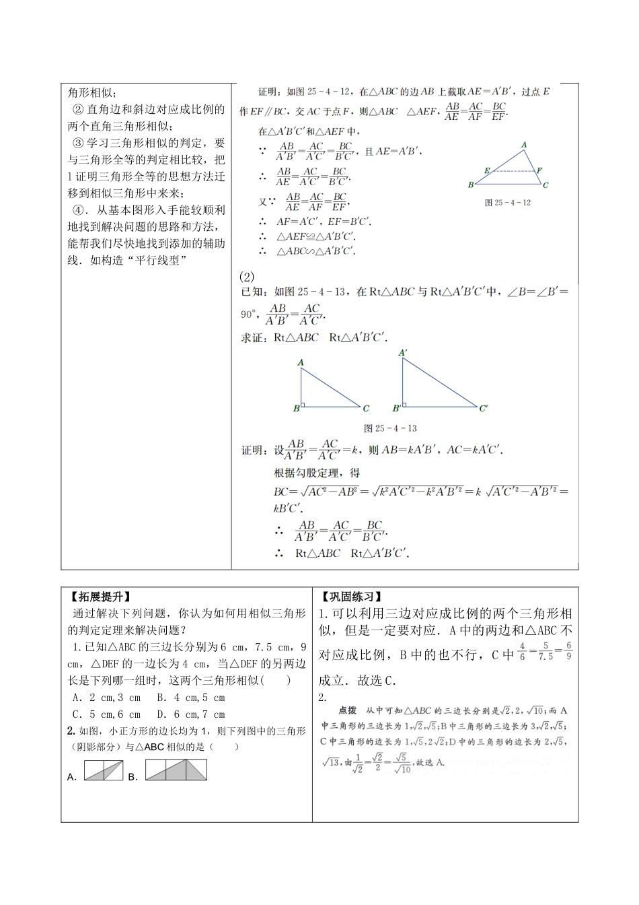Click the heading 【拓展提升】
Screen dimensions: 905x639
click(100, 597)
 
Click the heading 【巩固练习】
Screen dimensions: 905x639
click(350, 597)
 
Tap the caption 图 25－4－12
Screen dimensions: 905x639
click(508, 202)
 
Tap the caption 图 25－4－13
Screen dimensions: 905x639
click(390, 428)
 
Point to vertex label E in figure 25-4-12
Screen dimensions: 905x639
click(486, 170)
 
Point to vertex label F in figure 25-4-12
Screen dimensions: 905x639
click(539, 170)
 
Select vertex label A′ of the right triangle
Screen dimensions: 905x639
click(402, 352)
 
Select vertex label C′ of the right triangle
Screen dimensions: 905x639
click(483, 408)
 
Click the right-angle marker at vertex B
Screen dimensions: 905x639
click(304, 405)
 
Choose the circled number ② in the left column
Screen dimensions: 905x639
click(77, 110)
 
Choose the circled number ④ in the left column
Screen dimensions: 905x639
click(77, 211)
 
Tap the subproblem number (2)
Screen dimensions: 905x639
click(247, 276)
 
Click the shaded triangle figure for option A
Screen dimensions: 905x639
click(104, 770)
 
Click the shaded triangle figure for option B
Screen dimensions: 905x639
click(176, 770)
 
